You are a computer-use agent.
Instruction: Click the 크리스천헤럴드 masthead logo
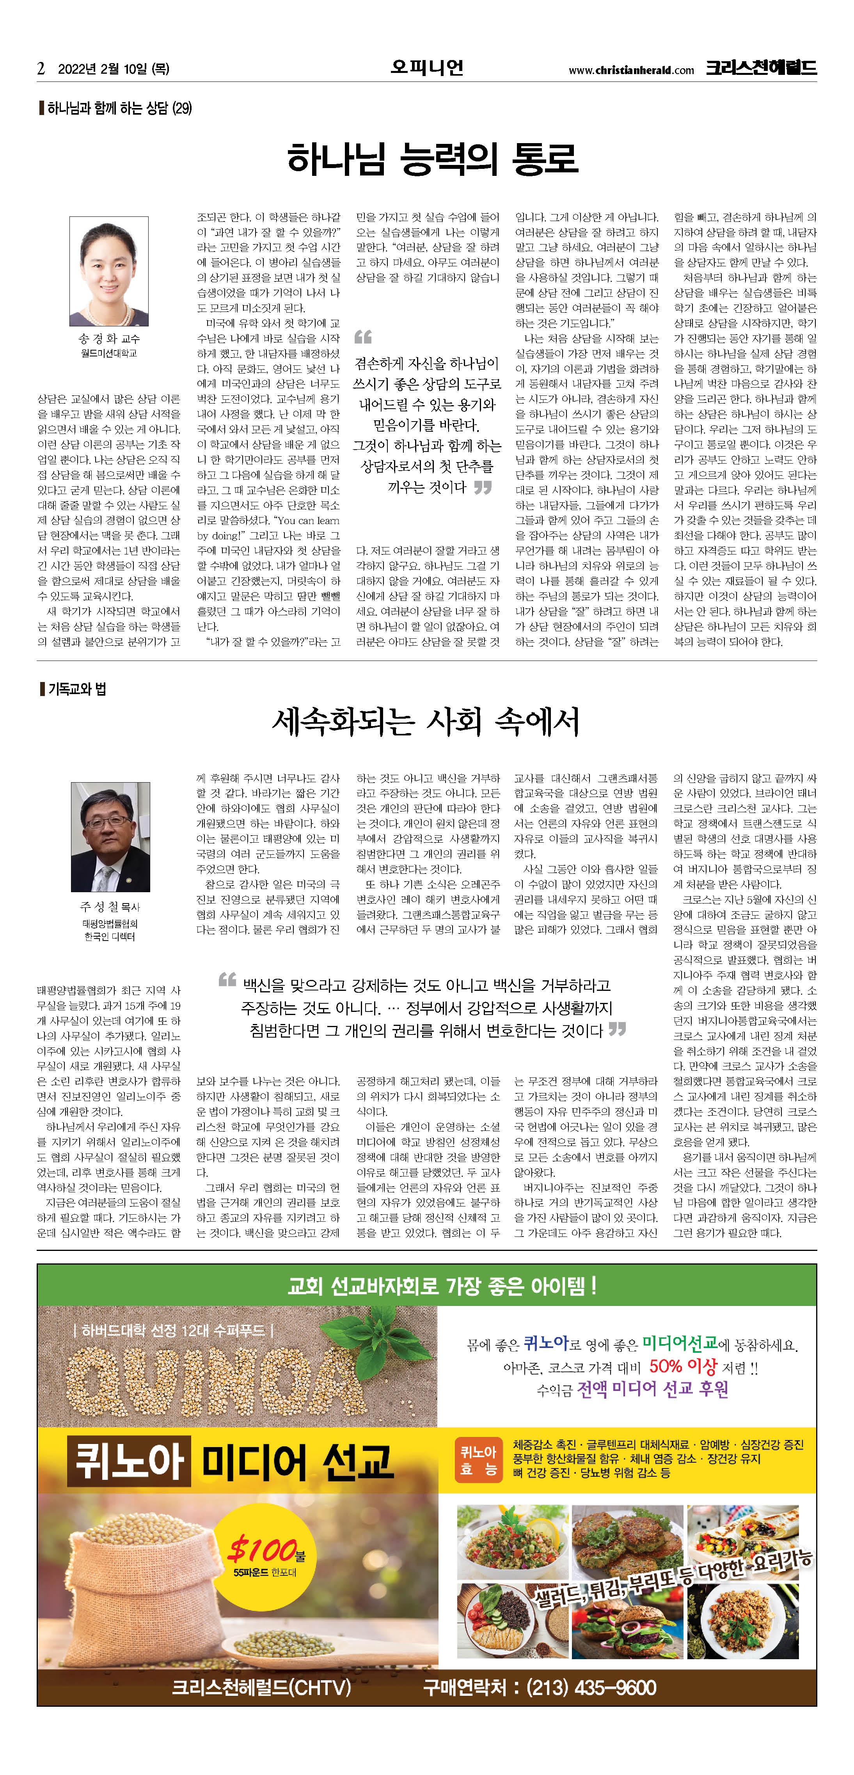[x=760, y=67]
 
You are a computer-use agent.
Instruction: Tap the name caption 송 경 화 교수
[x=109, y=339]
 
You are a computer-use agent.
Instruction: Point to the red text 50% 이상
[x=682, y=1366]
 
